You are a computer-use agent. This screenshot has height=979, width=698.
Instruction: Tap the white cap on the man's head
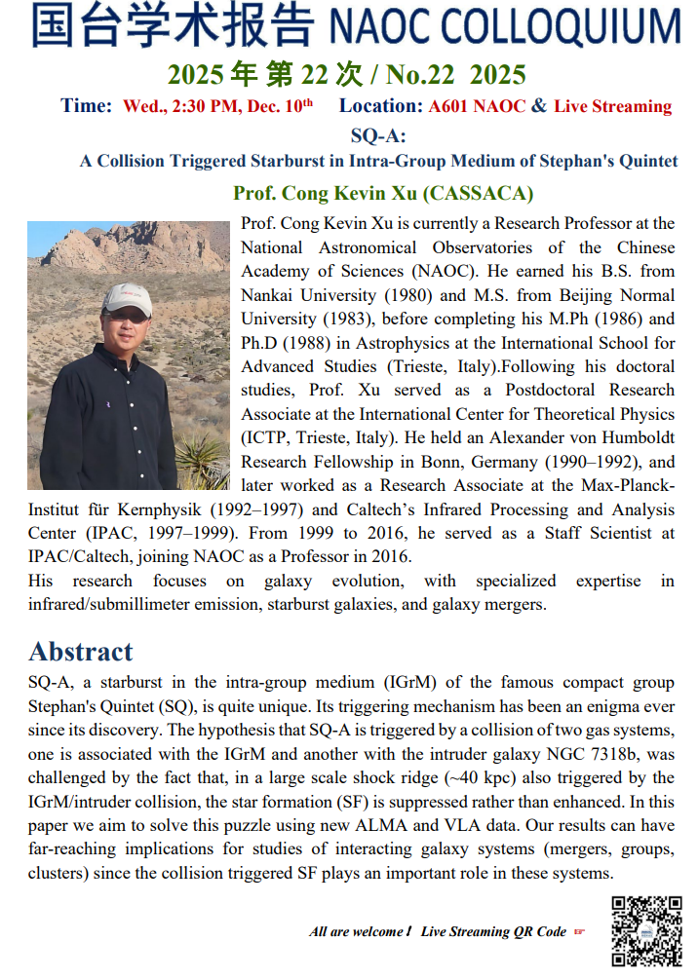[x=127, y=297]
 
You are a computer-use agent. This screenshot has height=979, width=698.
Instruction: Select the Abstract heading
[x=81, y=651]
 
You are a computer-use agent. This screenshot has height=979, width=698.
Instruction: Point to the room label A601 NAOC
[x=478, y=106]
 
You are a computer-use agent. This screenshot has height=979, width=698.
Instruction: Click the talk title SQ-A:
[x=377, y=135]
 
